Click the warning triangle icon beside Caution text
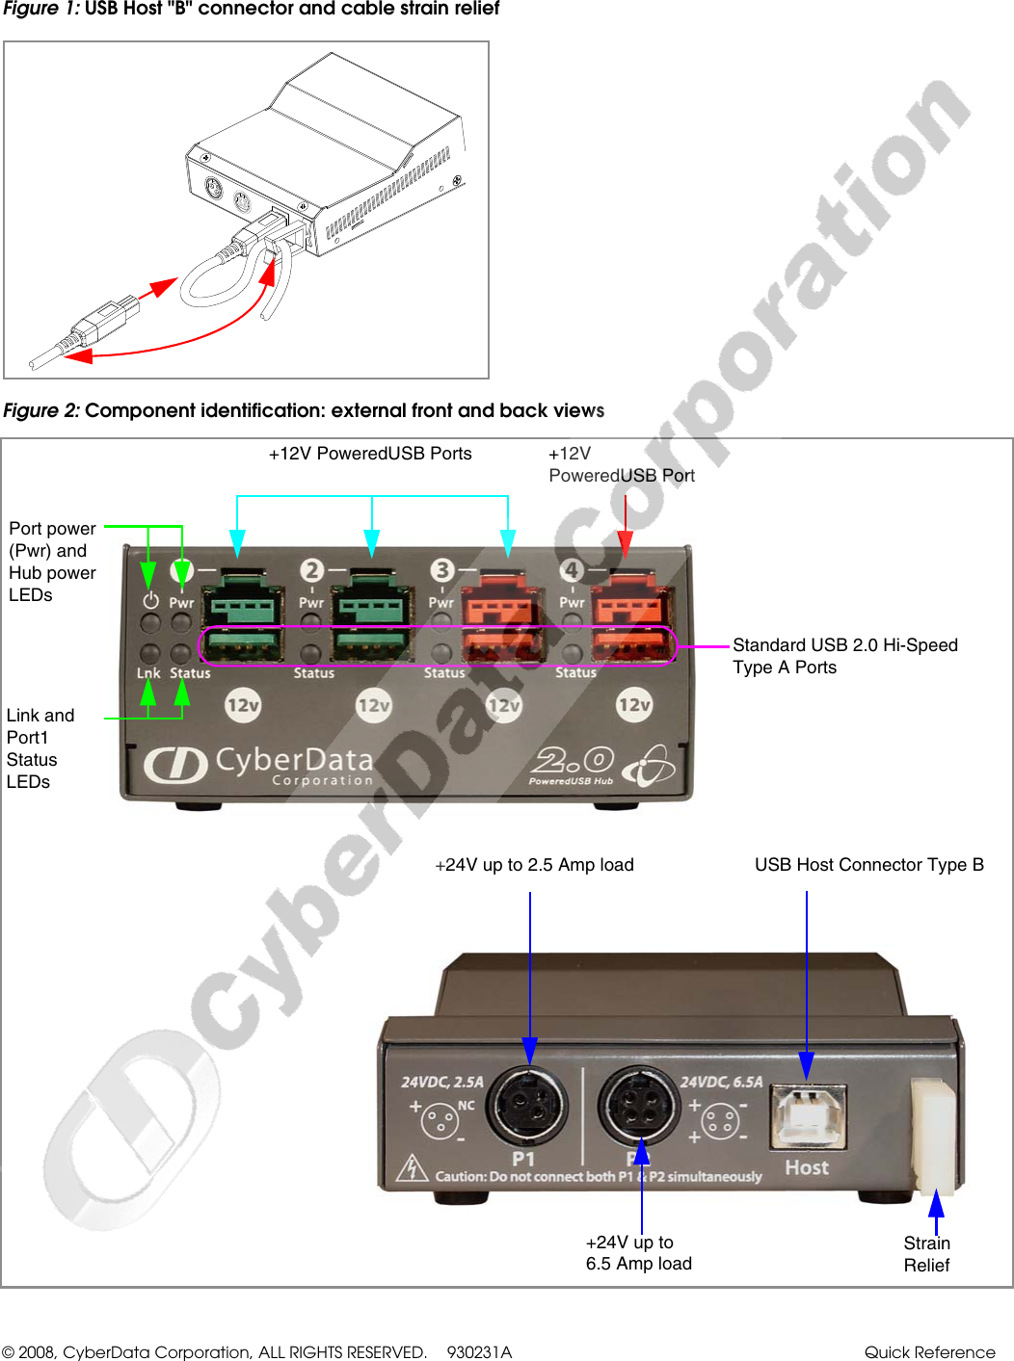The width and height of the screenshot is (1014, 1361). pyautogui.click(x=413, y=1167)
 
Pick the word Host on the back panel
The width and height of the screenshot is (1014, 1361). pyautogui.click(x=807, y=1167)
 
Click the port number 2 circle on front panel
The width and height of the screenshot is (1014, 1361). pyautogui.click(x=311, y=570)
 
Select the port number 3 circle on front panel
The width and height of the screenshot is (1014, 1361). pyautogui.click(x=442, y=570)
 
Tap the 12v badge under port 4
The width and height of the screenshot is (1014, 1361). pyautogui.click(x=634, y=705)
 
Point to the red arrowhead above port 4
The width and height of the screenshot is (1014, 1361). pyautogui.click(x=625, y=545)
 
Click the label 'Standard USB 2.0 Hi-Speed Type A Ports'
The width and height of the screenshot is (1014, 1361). pyautogui.click(x=844, y=656)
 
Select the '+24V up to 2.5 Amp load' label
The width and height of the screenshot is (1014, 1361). pyautogui.click(x=535, y=865)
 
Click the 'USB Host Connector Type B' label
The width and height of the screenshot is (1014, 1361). pyautogui.click(x=868, y=865)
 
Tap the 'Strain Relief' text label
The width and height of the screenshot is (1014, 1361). pyautogui.click(x=926, y=1254)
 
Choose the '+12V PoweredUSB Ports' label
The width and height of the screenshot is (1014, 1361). pyautogui.click(x=370, y=454)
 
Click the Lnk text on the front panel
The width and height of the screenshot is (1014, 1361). pyautogui.click(x=148, y=673)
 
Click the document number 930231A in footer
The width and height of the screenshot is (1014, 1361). pyautogui.click(x=479, y=1351)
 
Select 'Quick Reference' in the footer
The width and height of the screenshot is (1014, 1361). pyautogui.click(x=929, y=1351)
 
